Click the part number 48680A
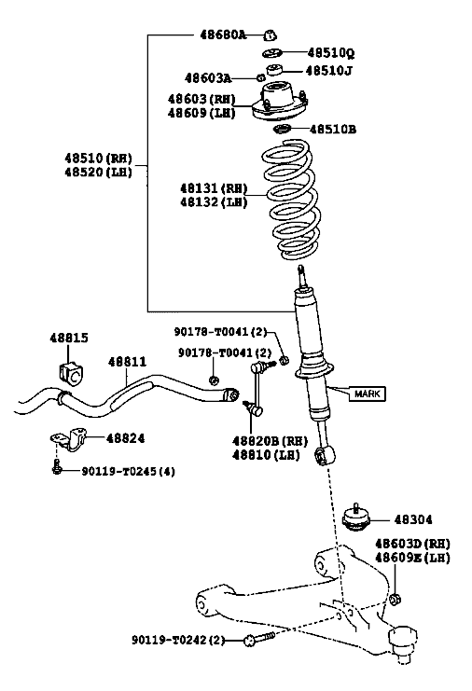pyautogui.click(x=223, y=35)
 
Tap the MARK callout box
pyautogui.click(x=368, y=394)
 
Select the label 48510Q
pyautogui.click(x=331, y=53)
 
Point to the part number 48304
pyautogui.click(x=413, y=519)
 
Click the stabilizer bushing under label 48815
pyautogui.click(x=70, y=372)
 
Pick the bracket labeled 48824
pyautogui.click(x=70, y=439)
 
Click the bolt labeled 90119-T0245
pyautogui.click(x=56, y=467)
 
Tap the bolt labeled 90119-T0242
pyautogui.click(x=259, y=638)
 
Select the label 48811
pyautogui.click(x=127, y=362)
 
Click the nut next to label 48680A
pyautogui.click(x=270, y=35)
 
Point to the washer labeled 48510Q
pyautogui.click(x=271, y=53)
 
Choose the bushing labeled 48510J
pyautogui.click(x=274, y=70)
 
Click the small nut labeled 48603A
pyautogui.click(x=260, y=78)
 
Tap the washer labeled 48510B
pyautogui.click(x=281, y=130)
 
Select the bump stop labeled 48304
pyautogui.click(x=356, y=518)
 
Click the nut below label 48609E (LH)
pyautogui.click(x=396, y=599)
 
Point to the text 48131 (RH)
pyautogui.click(x=214, y=188)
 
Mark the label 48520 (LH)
pyautogui.click(x=98, y=172)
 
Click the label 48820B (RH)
pyautogui.click(x=270, y=441)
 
